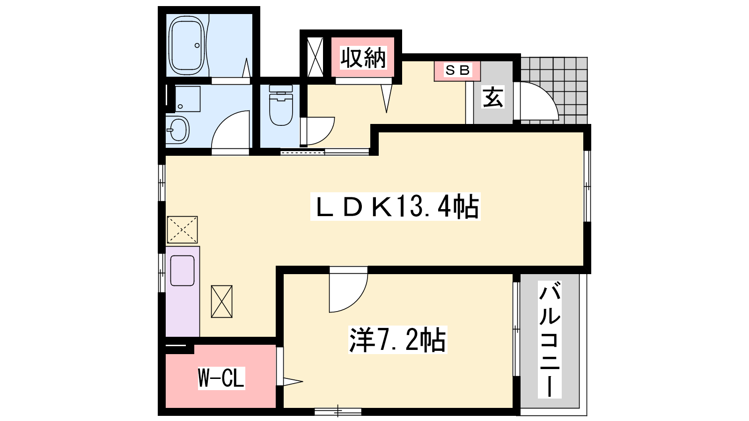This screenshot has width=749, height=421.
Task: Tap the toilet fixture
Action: [x=281, y=105]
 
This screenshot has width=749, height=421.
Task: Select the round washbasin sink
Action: [x=178, y=130]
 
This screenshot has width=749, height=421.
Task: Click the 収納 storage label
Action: [x=363, y=58]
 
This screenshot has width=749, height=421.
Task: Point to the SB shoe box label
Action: [x=457, y=70]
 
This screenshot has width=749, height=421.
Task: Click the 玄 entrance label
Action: [x=493, y=97]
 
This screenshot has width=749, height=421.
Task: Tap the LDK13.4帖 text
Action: [x=396, y=206]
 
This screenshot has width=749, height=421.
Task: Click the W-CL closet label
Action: [x=221, y=378]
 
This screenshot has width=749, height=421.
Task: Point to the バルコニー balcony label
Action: [x=550, y=340]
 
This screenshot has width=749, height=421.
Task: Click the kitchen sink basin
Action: [x=182, y=271]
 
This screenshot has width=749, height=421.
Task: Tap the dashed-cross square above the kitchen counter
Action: [x=182, y=230]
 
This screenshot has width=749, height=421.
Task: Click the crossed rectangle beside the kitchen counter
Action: [x=222, y=301]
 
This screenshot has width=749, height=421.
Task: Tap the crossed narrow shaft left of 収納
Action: [x=315, y=57]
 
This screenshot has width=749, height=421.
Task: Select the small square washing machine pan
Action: [x=188, y=99]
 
